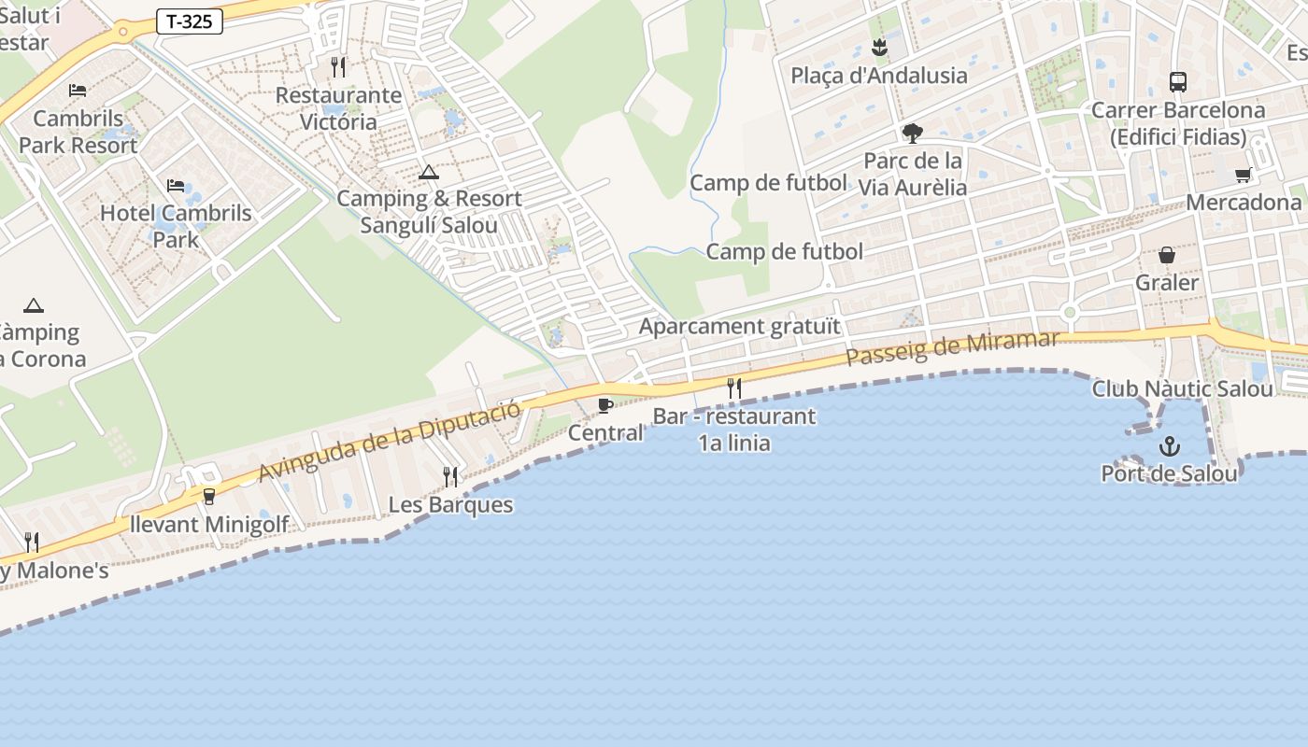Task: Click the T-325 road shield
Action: [190, 21]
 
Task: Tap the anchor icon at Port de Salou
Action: [1169, 447]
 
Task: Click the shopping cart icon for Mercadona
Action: [1243, 175]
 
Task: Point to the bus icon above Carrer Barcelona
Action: [1178, 82]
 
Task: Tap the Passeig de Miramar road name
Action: [952, 347]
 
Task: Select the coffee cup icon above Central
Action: [604, 405]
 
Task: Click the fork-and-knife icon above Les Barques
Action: [450, 477]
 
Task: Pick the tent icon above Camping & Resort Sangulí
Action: [429, 172]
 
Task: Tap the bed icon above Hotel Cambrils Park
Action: [175, 186]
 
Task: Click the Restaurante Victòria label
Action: [338, 108]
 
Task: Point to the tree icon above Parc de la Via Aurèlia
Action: [912, 134]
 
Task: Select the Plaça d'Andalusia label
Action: [879, 76]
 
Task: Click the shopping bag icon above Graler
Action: [1167, 255]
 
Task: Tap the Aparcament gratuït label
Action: [740, 327]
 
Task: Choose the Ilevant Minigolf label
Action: [209, 524]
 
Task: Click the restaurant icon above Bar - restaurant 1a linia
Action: [734, 388]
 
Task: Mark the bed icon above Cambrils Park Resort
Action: [78, 91]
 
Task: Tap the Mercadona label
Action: [1244, 203]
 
